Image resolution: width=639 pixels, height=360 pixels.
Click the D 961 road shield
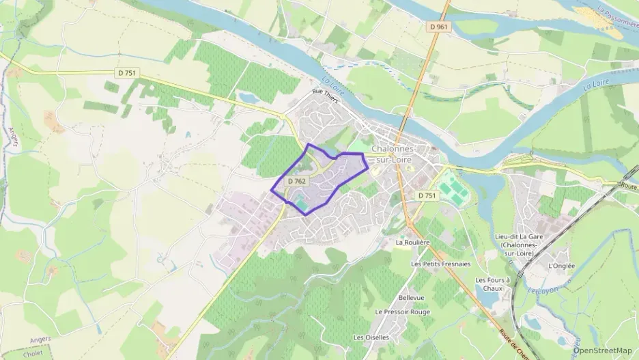440,27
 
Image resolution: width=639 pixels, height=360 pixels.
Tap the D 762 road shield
296,181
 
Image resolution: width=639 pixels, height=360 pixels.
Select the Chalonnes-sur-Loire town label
393,154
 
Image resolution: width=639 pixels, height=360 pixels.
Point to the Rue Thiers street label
326,92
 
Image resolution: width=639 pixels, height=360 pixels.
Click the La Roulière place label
412,242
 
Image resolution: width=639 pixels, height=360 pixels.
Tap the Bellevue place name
411,298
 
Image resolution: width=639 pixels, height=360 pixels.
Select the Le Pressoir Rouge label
402,311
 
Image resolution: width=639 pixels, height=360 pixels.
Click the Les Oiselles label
371,337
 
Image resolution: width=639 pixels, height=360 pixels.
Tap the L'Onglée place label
561,266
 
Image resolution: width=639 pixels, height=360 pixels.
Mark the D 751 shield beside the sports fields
427,195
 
